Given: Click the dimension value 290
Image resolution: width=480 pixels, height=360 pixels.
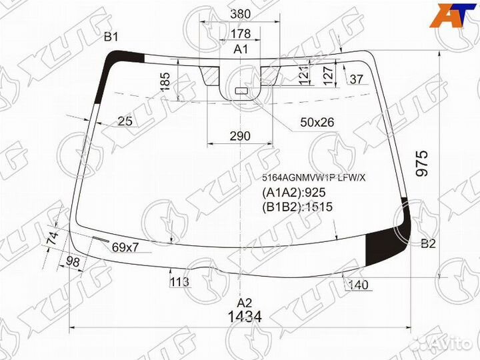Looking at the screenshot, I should click(239, 136).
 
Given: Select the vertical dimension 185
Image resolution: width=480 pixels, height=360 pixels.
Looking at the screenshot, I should click(166, 81).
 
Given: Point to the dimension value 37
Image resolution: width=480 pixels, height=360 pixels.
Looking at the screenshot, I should click(357, 80).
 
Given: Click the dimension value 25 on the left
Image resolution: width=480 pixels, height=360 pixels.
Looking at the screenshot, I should click(125, 121).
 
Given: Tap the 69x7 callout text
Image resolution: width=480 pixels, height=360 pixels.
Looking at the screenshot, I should click(125, 248).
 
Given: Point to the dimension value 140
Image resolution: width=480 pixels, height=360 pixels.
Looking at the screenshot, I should click(358, 286).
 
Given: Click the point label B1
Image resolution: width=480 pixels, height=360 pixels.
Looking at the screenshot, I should click(111, 37).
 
